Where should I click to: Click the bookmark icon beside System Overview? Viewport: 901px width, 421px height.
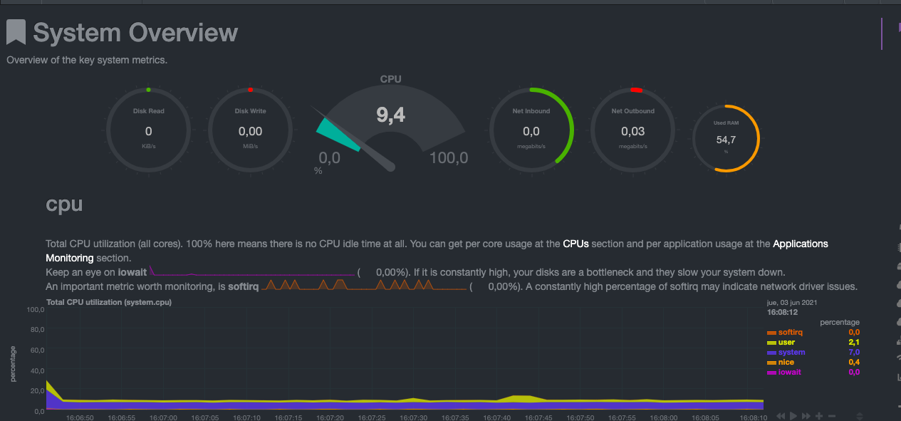16,33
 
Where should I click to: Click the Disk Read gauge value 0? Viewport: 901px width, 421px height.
148,131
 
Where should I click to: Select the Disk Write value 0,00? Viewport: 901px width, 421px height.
250,131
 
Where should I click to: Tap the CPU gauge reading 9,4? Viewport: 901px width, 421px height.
390,115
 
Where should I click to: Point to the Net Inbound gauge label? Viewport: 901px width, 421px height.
531,111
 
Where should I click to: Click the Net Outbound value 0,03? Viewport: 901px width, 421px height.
632,131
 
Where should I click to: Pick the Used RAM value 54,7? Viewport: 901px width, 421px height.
726,140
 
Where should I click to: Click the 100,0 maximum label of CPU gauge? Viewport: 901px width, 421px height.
449,158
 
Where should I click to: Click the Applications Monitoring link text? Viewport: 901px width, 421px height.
801,244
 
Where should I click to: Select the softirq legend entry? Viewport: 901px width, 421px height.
791,333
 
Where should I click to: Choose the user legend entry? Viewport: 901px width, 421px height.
786,343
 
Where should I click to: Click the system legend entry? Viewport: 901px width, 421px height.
791,353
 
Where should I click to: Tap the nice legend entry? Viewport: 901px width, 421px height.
786,363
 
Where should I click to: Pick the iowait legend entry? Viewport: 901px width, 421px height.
789,373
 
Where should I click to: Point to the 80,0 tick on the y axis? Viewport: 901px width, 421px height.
36,330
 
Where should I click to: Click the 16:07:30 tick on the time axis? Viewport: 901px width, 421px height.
414,417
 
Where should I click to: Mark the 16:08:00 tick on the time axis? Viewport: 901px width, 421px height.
663,417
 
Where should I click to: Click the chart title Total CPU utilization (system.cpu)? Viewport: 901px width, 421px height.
108,302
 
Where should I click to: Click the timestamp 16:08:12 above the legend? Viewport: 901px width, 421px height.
782,312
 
